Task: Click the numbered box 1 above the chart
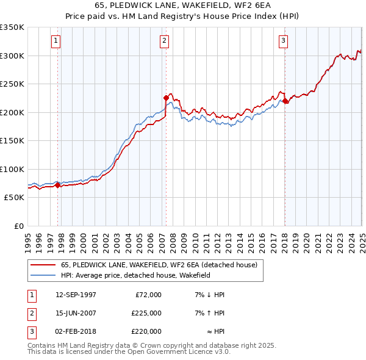tap(56, 41)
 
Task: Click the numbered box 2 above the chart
tap(165, 41)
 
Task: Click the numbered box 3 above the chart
tap(284, 41)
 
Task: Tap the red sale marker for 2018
tap(285, 101)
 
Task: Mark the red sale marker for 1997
tap(58, 185)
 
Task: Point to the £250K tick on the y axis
tap(12, 84)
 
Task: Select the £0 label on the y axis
tap(18, 226)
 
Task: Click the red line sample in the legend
tap(42, 265)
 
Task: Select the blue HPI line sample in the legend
tap(42, 275)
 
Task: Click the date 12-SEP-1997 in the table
tap(76, 295)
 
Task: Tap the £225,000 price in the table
tap(146, 313)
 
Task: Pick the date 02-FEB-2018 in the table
tap(76, 331)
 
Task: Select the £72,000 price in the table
tap(148, 295)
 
